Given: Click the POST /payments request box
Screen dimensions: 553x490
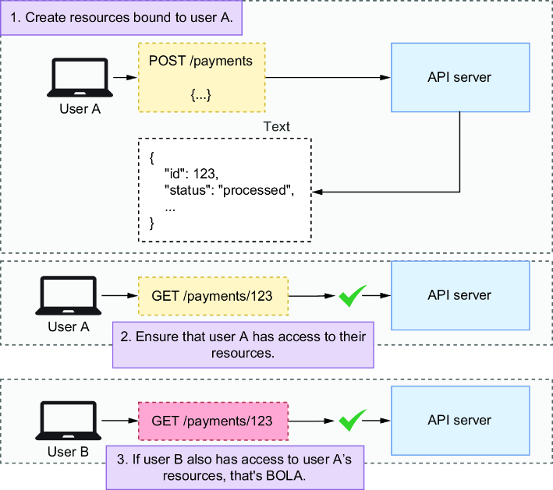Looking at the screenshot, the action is [202, 77].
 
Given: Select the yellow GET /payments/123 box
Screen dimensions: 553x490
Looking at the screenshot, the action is [213, 296].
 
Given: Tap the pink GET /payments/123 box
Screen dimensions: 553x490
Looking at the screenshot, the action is [213, 421].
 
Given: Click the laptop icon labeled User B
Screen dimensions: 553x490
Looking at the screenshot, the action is [68, 421].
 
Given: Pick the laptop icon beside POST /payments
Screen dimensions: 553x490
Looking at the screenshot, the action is [80, 77].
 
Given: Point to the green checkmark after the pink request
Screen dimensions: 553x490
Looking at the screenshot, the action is [352, 421].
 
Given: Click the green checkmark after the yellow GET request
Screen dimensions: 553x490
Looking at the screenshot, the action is [352, 296].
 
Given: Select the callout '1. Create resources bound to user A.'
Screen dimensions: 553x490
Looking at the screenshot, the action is [122, 18].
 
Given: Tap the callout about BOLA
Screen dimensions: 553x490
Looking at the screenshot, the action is [235, 467].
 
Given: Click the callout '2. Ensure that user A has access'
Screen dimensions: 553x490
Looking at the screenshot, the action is [243, 344].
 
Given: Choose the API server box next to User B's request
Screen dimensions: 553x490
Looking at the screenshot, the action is [460, 421].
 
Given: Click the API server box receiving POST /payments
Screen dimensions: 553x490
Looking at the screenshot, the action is [460, 77].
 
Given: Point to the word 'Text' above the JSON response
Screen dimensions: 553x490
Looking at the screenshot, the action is [276, 126].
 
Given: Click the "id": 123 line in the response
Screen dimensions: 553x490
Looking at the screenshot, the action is [192, 174].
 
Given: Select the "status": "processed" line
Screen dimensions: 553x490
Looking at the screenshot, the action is [229, 190].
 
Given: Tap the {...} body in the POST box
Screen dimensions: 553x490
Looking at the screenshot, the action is [200, 95].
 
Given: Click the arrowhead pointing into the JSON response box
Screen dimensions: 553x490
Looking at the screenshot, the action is [317, 192].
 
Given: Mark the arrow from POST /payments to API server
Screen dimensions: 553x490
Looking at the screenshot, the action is [328, 77].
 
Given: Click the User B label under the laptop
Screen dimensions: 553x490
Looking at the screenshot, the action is [68, 452].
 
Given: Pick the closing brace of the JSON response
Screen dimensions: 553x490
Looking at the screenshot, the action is [152, 224].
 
